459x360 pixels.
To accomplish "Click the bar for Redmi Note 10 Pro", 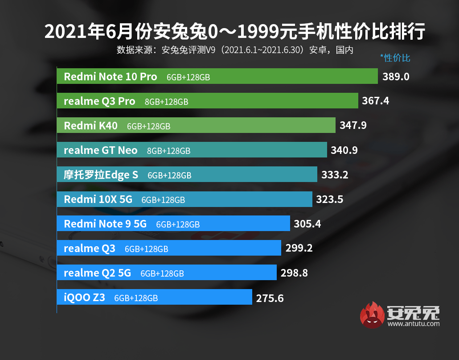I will (217, 77).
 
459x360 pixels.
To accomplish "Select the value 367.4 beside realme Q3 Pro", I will (376, 101).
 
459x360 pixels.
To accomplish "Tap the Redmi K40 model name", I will (91, 126).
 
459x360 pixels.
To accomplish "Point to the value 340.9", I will (344, 150).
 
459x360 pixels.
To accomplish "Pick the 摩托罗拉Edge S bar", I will (187, 174).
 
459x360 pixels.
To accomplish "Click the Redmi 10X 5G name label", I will (98, 199).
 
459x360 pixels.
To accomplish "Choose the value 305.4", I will (307, 223).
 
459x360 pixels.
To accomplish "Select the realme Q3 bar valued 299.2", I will (169, 248).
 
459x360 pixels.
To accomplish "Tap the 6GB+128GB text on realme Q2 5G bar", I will (162, 273).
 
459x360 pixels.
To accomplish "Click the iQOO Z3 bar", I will (154, 297).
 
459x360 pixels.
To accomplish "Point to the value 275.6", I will (270, 298).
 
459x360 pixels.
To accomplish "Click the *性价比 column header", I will (395, 58).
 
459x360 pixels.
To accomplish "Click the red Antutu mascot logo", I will (372, 315).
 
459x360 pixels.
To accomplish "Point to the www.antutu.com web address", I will (414, 324).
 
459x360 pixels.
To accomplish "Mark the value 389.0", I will (396, 77).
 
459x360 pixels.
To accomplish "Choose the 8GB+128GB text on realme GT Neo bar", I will (168, 151).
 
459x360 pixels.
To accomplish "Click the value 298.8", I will (294, 273).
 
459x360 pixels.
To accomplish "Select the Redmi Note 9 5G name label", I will (105, 223).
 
